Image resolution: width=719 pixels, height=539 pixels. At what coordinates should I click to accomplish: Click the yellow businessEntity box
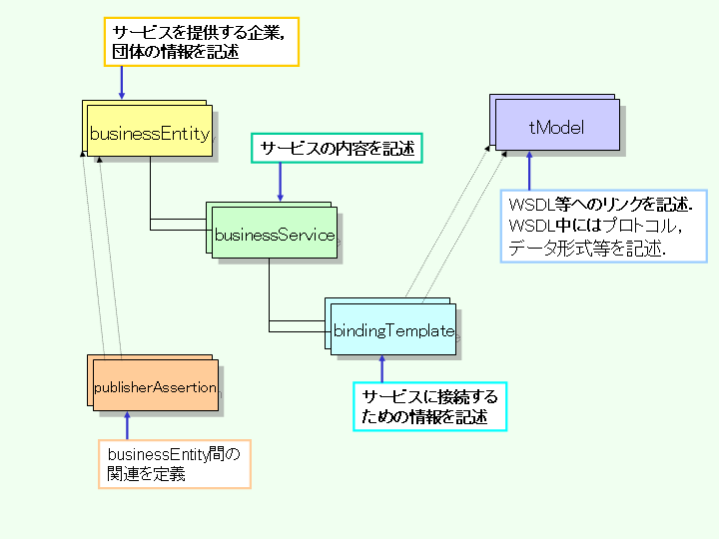(x=150, y=133)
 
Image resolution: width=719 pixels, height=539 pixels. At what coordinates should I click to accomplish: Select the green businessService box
(x=276, y=236)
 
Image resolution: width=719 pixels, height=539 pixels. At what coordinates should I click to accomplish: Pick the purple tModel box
(x=555, y=127)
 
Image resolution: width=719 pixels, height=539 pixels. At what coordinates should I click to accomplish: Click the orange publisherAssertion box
(x=155, y=387)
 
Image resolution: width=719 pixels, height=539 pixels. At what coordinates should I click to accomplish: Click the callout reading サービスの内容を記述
(x=337, y=149)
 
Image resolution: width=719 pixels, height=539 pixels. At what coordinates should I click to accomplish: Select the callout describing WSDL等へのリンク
(x=602, y=226)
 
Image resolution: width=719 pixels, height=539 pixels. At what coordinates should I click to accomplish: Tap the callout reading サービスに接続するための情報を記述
(x=429, y=407)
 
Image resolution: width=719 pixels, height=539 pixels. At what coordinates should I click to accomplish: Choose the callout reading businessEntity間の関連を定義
(x=174, y=464)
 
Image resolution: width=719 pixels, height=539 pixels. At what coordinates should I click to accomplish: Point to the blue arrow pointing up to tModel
(x=529, y=172)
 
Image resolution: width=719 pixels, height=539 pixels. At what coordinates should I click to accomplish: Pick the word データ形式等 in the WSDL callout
(x=552, y=249)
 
